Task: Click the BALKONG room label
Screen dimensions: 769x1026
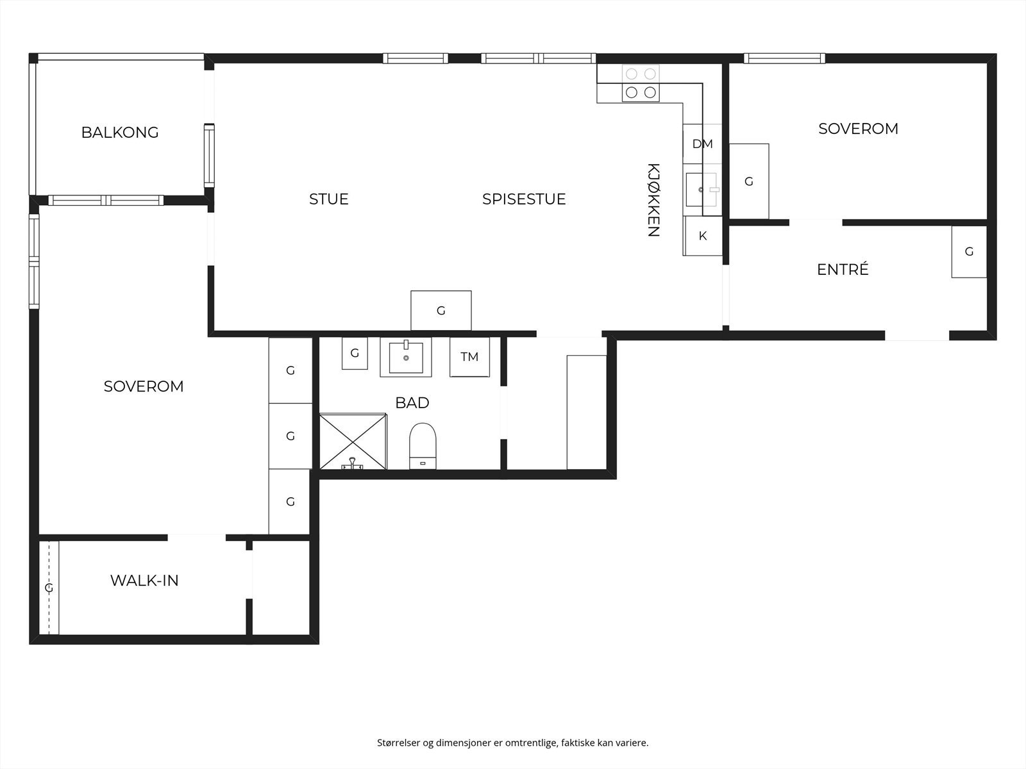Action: point(120,133)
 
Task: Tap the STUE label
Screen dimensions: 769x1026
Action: point(329,199)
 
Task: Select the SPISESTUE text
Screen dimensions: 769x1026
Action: point(524,199)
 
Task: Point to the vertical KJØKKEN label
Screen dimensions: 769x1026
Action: point(653,200)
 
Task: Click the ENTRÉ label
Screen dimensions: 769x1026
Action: point(843,270)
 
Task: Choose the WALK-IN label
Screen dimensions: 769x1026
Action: point(144,581)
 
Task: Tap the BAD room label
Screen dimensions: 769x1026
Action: point(412,403)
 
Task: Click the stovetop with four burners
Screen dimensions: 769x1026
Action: point(641,84)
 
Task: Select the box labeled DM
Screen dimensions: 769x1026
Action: point(702,144)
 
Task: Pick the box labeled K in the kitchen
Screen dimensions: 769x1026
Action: point(702,236)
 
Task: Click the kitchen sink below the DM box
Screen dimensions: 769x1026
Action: point(701,189)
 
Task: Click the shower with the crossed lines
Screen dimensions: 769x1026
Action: point(353,441)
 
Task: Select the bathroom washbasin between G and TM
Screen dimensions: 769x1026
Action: point(405,357)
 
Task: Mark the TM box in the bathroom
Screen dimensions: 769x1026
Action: point(469,357)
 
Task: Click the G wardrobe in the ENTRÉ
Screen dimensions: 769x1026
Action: point(968,252)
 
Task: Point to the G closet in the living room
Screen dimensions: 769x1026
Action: point(441,311)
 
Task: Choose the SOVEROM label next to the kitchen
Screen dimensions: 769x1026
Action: point(858,129)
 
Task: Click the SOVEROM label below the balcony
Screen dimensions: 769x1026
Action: point(144,386)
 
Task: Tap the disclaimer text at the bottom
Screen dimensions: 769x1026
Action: point(512,743)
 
